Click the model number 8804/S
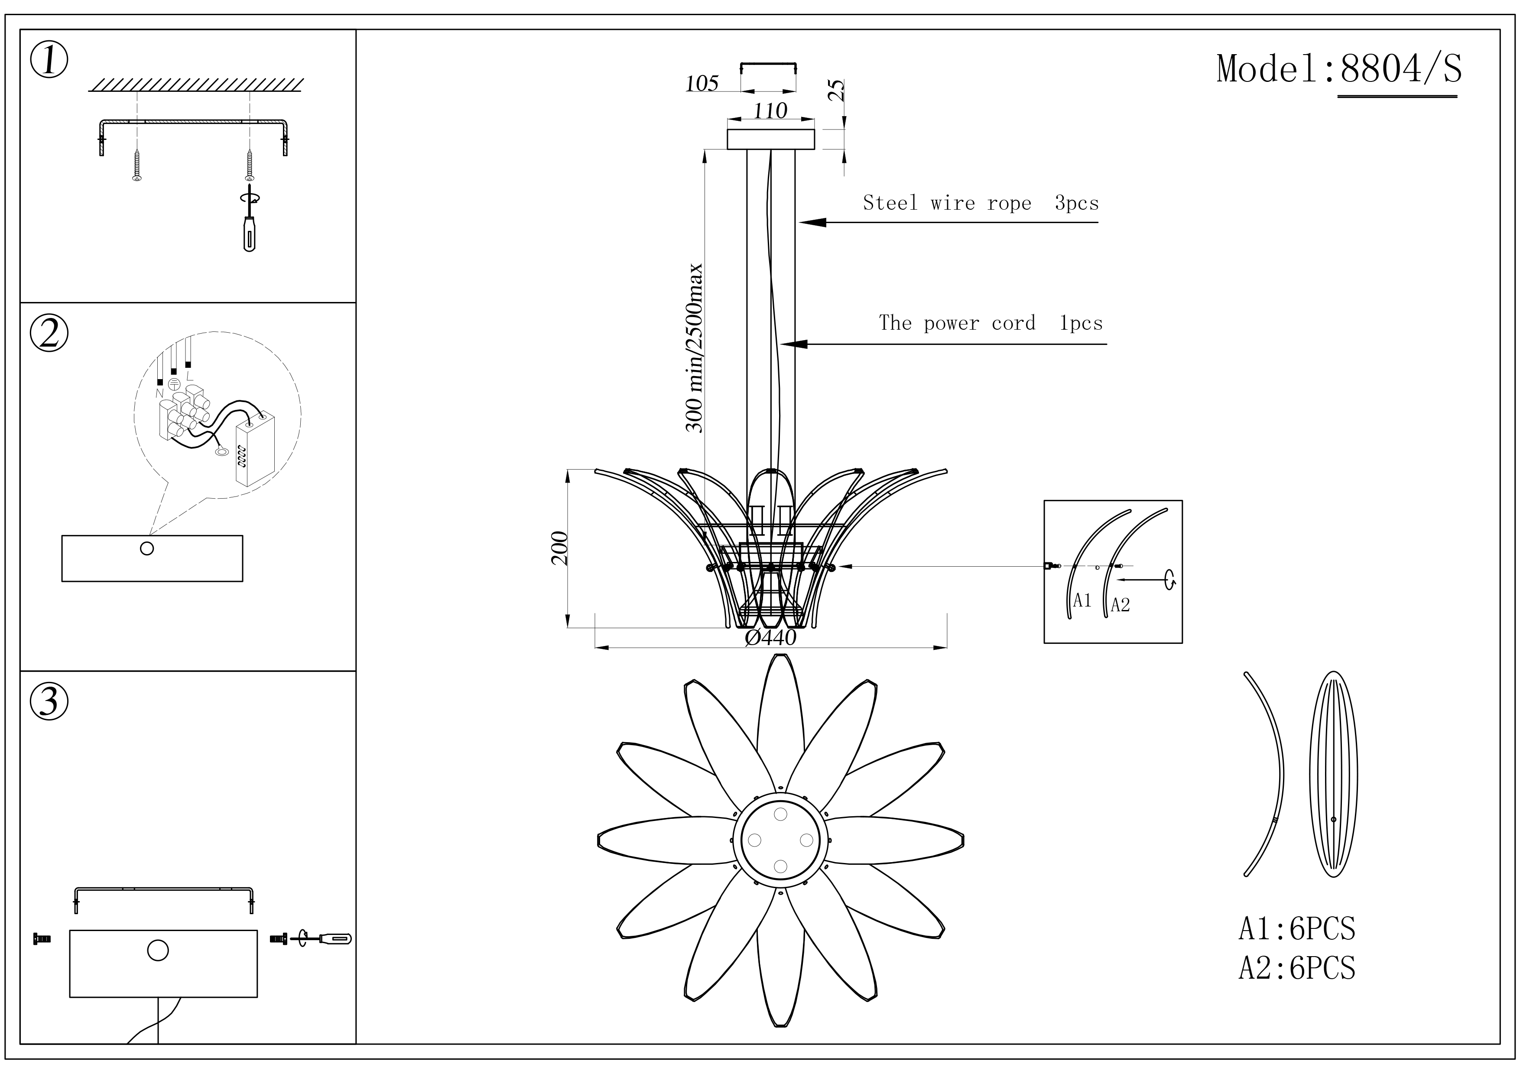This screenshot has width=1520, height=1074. [x=1400, y=69]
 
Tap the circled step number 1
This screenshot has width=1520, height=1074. [x=49, y=61]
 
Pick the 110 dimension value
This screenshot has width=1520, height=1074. [x=770, y=110]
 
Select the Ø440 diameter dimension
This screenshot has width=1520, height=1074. [x=770, y=637]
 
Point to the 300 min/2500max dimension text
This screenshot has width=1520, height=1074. [x=695, y=347]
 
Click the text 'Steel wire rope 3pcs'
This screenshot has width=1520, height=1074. [x=981, y=203]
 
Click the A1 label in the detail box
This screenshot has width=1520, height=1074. [x=1082, y=600]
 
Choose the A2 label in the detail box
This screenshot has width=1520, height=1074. [x=1120, y=605]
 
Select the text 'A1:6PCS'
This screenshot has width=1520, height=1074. [x=1297, y=929]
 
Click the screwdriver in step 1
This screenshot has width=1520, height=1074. [x=249, y=228]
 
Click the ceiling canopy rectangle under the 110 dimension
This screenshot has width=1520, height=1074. [x=770, y=140]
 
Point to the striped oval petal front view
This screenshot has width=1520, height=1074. [x=1333, y=774]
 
